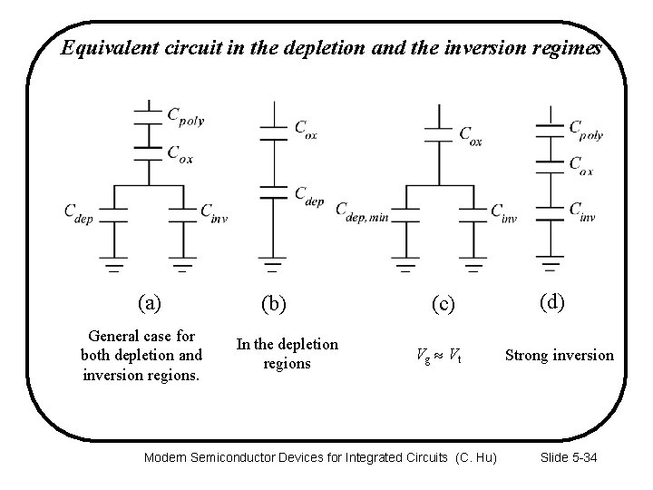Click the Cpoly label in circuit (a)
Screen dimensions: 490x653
tap(188, 116)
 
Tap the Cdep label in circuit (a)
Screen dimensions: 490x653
tap(78, 211)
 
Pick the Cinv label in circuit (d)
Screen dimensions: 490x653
tap(582, 211)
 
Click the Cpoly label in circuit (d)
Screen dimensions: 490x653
tap(586, 130)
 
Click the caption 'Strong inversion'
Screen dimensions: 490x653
tap(559, 355)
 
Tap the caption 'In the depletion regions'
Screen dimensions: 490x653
tap(287, 354)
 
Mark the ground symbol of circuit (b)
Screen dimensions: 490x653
tap(273, 266)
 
